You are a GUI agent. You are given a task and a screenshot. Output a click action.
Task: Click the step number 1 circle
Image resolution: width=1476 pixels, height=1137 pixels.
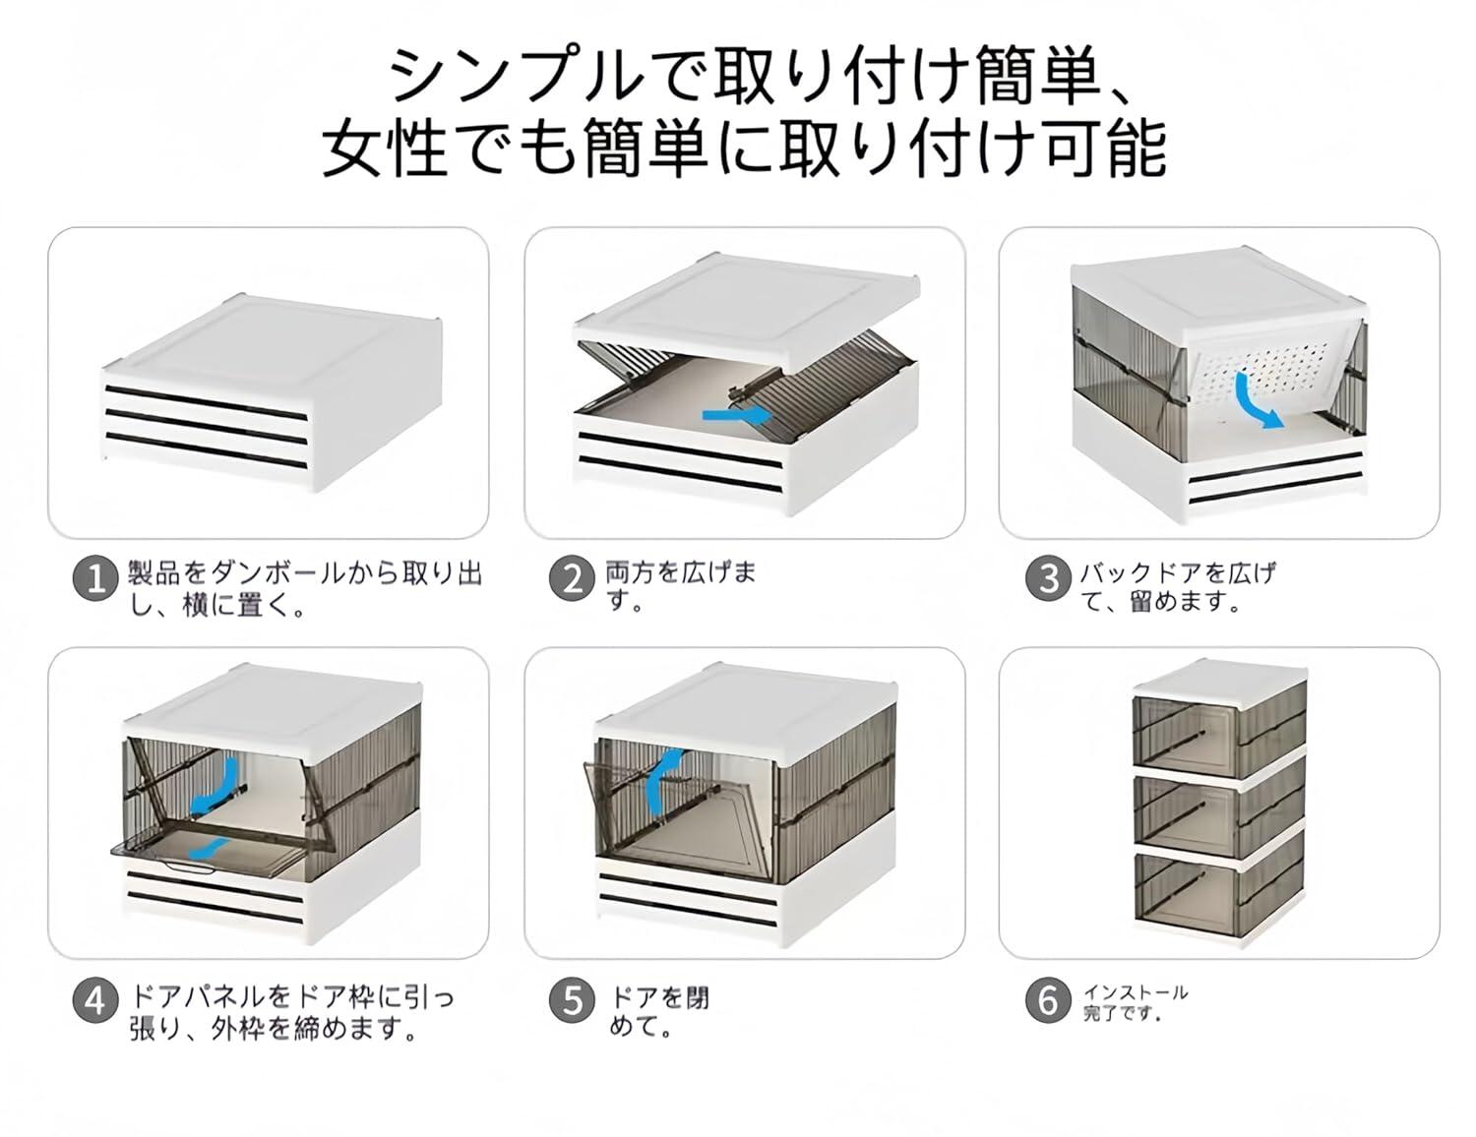click(x=95, y=579)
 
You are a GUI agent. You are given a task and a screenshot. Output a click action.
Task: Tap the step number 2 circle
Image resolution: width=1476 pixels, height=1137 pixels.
click(x=573, y=579)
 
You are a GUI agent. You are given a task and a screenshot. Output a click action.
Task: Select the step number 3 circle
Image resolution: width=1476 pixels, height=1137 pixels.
click(x=1049, y=578)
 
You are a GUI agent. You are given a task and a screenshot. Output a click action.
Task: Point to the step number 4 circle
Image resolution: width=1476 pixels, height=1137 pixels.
click(x=95, y=1002)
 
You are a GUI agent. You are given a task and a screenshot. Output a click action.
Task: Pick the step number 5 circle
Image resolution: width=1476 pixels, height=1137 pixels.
click(x=573, y=1002)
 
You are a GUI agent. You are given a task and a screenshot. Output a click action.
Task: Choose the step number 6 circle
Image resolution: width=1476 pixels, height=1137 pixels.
click(x=1049, y=1000)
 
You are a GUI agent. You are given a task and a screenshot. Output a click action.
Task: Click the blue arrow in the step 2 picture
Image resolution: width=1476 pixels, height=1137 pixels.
click(x=738, y=415)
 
